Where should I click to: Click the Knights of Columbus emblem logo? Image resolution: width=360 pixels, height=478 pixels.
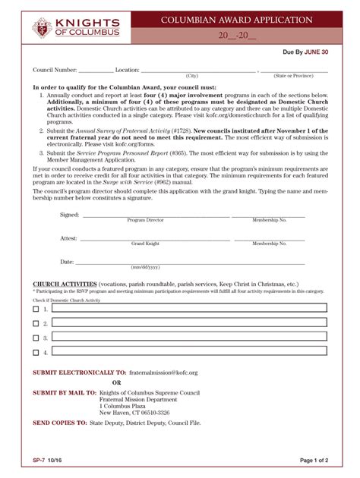(42, 27)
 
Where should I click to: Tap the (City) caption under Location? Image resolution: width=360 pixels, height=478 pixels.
(192, 77)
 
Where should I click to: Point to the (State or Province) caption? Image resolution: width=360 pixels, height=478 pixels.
(295, 77)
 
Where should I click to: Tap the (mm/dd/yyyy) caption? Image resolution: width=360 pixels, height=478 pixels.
(145, 268)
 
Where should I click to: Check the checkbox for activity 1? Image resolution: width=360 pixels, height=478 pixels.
(36, 309)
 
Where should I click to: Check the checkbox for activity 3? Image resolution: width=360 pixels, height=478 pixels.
(36, 338)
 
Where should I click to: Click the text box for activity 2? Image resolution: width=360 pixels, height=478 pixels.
(189, 323)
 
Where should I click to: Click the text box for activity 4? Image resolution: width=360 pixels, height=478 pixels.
(189, 352)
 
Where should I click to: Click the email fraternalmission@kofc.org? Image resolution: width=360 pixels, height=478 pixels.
(163, 373)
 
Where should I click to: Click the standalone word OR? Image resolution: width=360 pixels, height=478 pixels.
(116, 382)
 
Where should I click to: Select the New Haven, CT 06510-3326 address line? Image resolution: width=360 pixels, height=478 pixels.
(134, 412)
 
